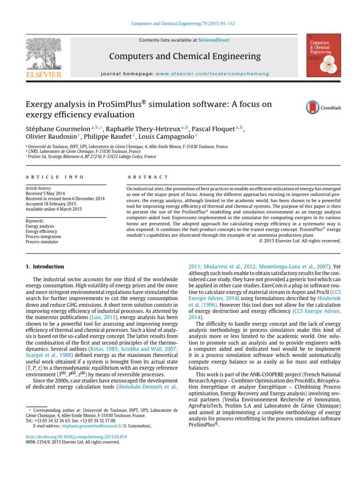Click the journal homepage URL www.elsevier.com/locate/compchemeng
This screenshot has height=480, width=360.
point(212,74)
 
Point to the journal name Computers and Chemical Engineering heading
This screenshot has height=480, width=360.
point(185,57)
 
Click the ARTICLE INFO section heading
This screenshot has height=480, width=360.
point(54,177)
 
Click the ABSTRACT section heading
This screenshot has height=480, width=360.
point(148,177)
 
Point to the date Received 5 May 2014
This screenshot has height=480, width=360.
point(45,193)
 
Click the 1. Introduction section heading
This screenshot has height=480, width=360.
point(44,267)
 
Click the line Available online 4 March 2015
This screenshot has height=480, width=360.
point(53,209)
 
